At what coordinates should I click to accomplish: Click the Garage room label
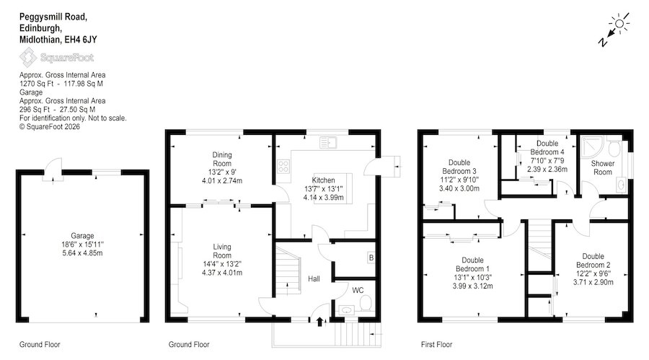82,236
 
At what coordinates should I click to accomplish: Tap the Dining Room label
222,159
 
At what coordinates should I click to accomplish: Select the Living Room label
222,251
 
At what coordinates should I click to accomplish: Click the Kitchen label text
323,180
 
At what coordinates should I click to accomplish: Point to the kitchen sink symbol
328,143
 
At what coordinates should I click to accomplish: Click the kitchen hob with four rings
283,167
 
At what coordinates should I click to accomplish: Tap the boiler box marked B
371,258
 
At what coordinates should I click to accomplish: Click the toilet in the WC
365,304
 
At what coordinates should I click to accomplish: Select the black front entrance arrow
319,322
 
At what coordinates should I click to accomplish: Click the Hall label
314,278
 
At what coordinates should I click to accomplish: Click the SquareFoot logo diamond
28,57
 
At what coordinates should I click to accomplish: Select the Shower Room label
603,168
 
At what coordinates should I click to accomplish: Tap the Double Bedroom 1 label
472,264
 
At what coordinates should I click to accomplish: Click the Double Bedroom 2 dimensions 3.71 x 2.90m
593,282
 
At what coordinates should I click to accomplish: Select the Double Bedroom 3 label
459,167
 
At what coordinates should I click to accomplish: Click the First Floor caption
437,344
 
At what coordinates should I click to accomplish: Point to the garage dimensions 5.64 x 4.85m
82,253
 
